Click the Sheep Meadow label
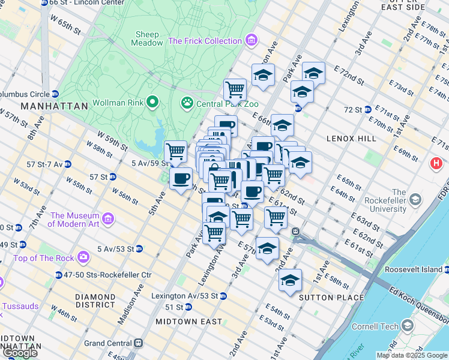(x=148, y=39)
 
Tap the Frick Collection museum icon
(x=250, y=41)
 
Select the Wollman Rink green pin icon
(x=152, y=101)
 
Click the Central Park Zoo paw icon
(x=187, y=103)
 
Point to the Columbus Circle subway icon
(x=55, y=94)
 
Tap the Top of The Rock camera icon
(x=83, y=258)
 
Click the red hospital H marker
(x=436, y=163)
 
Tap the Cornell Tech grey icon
(x=408, y=326)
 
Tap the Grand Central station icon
(x=139, y=343)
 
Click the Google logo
(x=20, y=353)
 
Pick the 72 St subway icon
(x=367, y=110)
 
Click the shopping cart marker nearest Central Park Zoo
(x=235, y=90)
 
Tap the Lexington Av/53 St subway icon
(x=223, y=296)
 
